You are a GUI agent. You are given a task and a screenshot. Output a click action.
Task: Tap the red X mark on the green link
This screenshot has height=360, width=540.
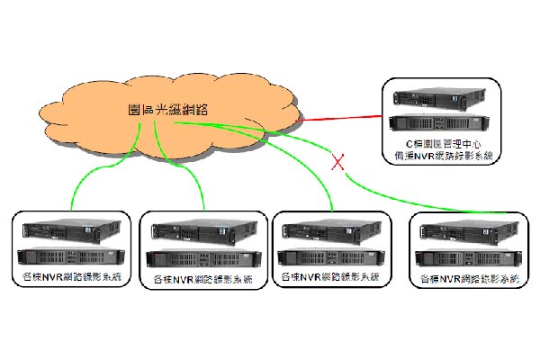click(x=339, y=162)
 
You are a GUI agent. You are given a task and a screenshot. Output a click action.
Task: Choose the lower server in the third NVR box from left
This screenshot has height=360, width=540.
click(x=331, y=255)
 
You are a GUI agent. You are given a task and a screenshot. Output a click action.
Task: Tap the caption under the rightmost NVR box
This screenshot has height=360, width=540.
click(x=470, y=281)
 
